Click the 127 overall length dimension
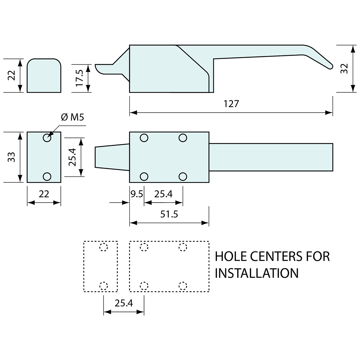click(x=231, y=104)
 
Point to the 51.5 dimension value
click(x=169, y=214)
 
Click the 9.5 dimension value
click(x=136, y=194)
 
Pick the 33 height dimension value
click(x=11, y=157)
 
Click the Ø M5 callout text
click(x=72, y=117)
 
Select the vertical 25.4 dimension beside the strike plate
click(x=72, y=157)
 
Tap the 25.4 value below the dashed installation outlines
click(x=124, y=303)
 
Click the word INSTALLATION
click(x=257, y=273)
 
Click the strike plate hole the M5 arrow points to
click(x=47, y=138)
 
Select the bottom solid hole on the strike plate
click(x=47, y=176)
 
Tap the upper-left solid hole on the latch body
click(x=144, y=138)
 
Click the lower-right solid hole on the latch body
click(x=183, y=176)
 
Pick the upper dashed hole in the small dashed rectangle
click(x=103, y=247)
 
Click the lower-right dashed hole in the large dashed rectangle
click(x=183, y=286)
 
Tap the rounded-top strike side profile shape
click(x=44, y=76)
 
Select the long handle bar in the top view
click(x=271, y=157)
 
